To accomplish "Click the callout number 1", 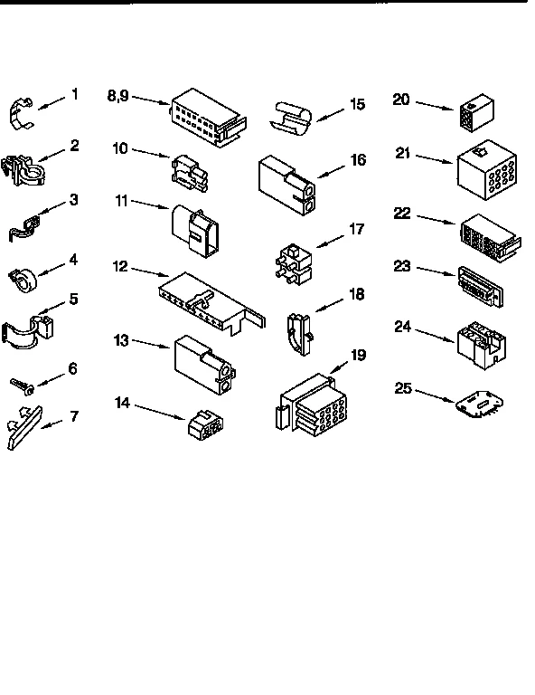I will click(75, 93).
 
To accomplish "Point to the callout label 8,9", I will click(118, 94).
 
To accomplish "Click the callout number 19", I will click(358, 354).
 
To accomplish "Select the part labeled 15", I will click(292, 116).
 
